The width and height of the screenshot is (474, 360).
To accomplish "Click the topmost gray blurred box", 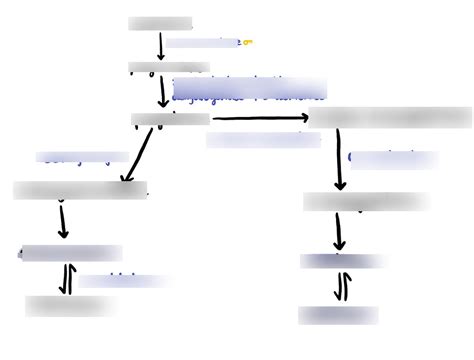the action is click(x=160, y=22).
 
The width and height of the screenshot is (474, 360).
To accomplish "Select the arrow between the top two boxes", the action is click(x=161, y=46).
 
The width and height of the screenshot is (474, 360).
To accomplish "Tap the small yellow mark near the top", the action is click(x=248, y=42).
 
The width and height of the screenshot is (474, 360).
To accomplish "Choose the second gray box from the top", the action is click(x=169, y=68).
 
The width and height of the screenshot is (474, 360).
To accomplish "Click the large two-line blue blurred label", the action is click(x=249, y=89).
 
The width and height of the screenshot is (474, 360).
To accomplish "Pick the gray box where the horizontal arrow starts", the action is click(x=170, y=119).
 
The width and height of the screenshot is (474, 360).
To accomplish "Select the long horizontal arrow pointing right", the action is click(x=261, y=118).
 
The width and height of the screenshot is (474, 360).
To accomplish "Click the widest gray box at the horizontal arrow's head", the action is click(x=391, y=118).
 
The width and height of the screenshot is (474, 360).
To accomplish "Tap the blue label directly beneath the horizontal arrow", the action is click(x=263, y=140).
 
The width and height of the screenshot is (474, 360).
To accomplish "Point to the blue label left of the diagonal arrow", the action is click(x=82, y=157).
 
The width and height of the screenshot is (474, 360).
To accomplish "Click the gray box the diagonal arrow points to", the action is click(x=80, y=190).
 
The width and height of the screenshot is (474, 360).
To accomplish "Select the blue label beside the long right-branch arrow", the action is click(x=393, y=159).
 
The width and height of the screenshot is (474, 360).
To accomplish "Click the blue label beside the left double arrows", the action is click(x=124, y=281).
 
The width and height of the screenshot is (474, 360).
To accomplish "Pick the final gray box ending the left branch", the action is click(x=58, y=306).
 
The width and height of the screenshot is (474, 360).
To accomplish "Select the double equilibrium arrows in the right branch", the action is click(x=340, y=288).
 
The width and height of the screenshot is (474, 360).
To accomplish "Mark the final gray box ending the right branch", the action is click(x=338, y=314).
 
